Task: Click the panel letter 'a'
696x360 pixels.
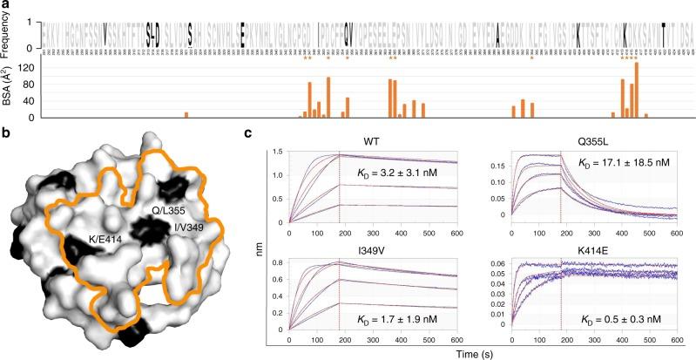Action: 6,6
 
